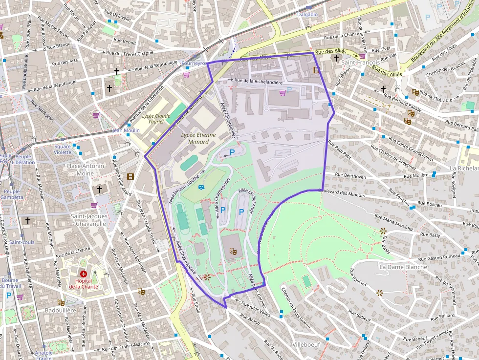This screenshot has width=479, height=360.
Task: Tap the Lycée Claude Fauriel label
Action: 152,119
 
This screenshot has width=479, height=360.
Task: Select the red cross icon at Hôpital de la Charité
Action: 84,275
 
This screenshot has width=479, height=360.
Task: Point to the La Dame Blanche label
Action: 403,267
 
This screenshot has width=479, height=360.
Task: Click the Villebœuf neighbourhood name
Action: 305,344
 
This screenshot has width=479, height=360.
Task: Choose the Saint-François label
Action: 361,63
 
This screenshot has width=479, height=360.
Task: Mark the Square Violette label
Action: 63,149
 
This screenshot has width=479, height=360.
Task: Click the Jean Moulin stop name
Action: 126,130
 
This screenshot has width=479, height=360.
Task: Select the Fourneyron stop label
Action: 194,64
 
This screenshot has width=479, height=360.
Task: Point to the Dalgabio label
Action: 307,15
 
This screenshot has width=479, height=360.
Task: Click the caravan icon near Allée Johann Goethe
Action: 200,187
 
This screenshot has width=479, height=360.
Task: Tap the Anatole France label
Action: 44,355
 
